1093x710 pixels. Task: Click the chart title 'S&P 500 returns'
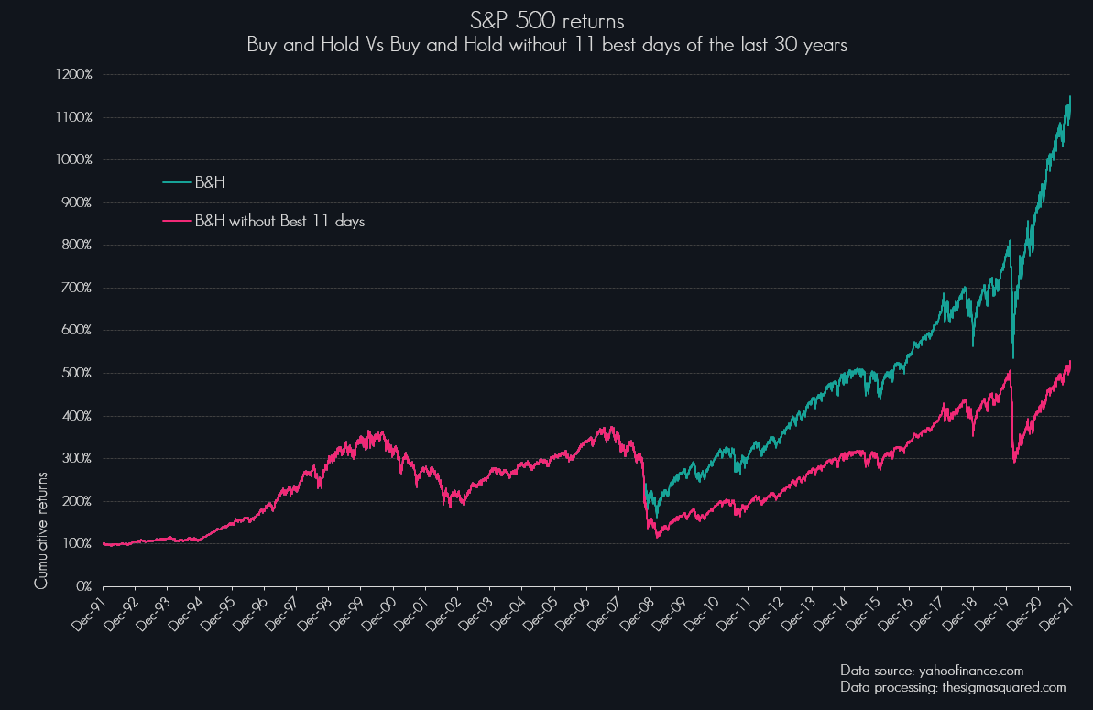click(x=546, y=21)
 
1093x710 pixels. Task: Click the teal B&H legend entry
click(x=209, y=182)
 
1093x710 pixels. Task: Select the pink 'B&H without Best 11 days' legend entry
click(x=279, y=221)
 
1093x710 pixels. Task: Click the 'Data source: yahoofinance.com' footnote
click(x=932, y=670)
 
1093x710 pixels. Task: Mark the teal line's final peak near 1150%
click(x=1069, y=96)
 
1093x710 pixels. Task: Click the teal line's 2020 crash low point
click(x=1012, y=357)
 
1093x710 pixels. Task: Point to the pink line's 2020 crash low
click(x=1014, y=462)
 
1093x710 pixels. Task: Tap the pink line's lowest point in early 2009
click(x=658, y=537)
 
